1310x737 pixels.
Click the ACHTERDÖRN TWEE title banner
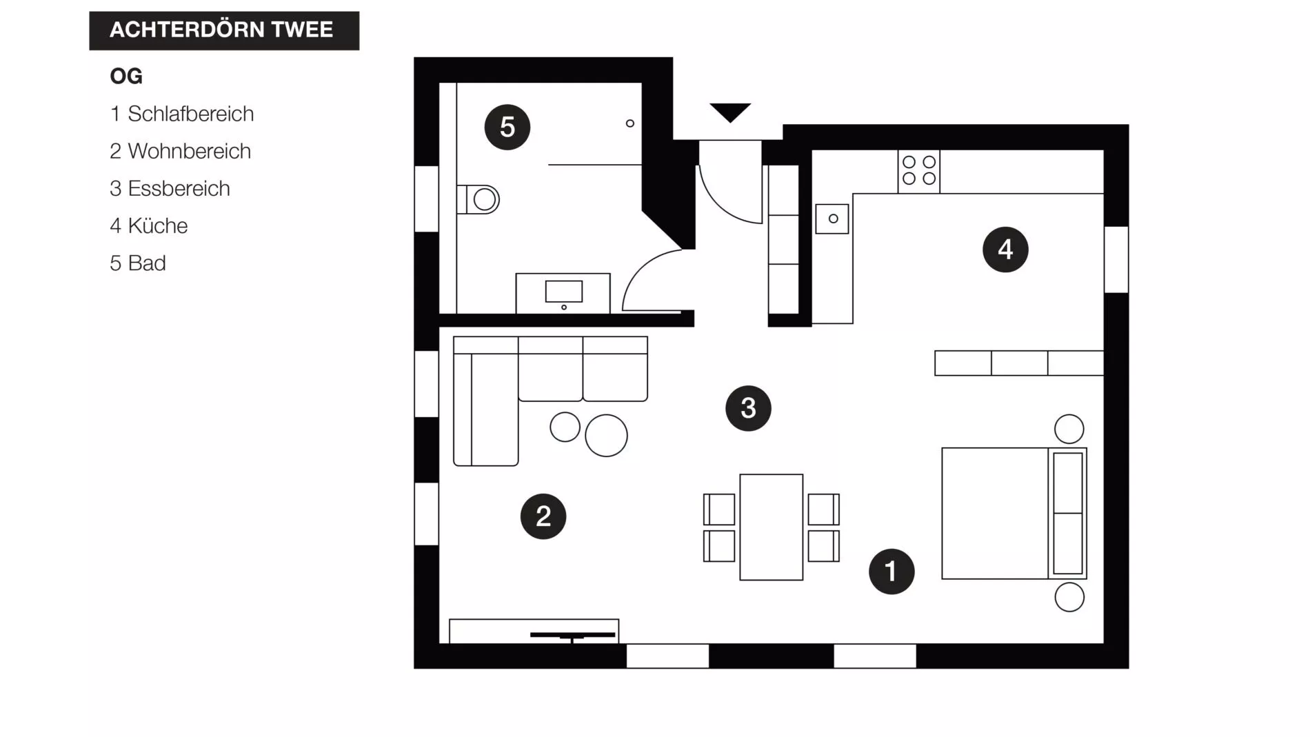click(223, 30)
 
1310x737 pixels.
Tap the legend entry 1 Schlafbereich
click(182, 114)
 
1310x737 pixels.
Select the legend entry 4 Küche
click(149, 225)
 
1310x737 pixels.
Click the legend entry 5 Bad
click(138, 263)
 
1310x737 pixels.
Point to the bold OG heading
click(126, 76)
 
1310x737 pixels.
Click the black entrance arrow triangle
click(729, 111)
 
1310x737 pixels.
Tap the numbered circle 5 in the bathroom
click(507, 127)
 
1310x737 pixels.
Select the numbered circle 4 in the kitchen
click(1005, 250)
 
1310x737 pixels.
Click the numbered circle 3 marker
click(747, 408)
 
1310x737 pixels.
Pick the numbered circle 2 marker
click(543, 516)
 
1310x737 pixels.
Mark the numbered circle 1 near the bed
click(891, 571)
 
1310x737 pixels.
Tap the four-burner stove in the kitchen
click(918, 170)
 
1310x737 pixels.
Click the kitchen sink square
click(832, 219)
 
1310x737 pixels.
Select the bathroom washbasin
click(563, 292)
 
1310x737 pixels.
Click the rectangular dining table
click(771, 527)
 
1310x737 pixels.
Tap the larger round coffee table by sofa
click(606, 435)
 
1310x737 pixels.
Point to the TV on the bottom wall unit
click(572, 635)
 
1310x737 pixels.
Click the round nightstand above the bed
click(1069, 429)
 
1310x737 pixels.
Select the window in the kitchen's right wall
click(1116, 259)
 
